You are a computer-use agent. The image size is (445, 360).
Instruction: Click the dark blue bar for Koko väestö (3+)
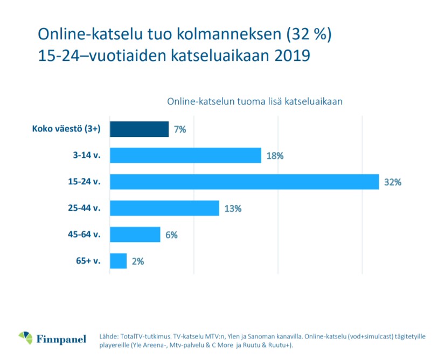click(139, 129)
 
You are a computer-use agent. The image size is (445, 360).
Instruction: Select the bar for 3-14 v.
click(185, 156)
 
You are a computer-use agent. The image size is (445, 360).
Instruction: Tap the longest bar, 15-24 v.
click(244, 182)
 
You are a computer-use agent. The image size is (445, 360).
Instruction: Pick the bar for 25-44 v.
click(164, 208)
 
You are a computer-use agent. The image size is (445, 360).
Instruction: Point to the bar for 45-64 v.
click(135, 234)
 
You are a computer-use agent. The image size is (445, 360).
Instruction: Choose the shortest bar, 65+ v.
click(118, 261)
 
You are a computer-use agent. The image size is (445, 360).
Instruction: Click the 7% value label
click(180, 130)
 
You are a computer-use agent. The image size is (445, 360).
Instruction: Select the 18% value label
click(275, 156)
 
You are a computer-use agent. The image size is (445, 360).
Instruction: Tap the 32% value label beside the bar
click(393, 182)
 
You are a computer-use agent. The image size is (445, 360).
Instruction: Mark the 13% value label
click(233, 209)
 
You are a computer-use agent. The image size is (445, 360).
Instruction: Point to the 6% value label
click(171, 235)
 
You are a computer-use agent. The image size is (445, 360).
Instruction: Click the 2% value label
click(138, 261)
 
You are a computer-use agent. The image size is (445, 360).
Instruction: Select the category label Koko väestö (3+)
click(67, 129)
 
